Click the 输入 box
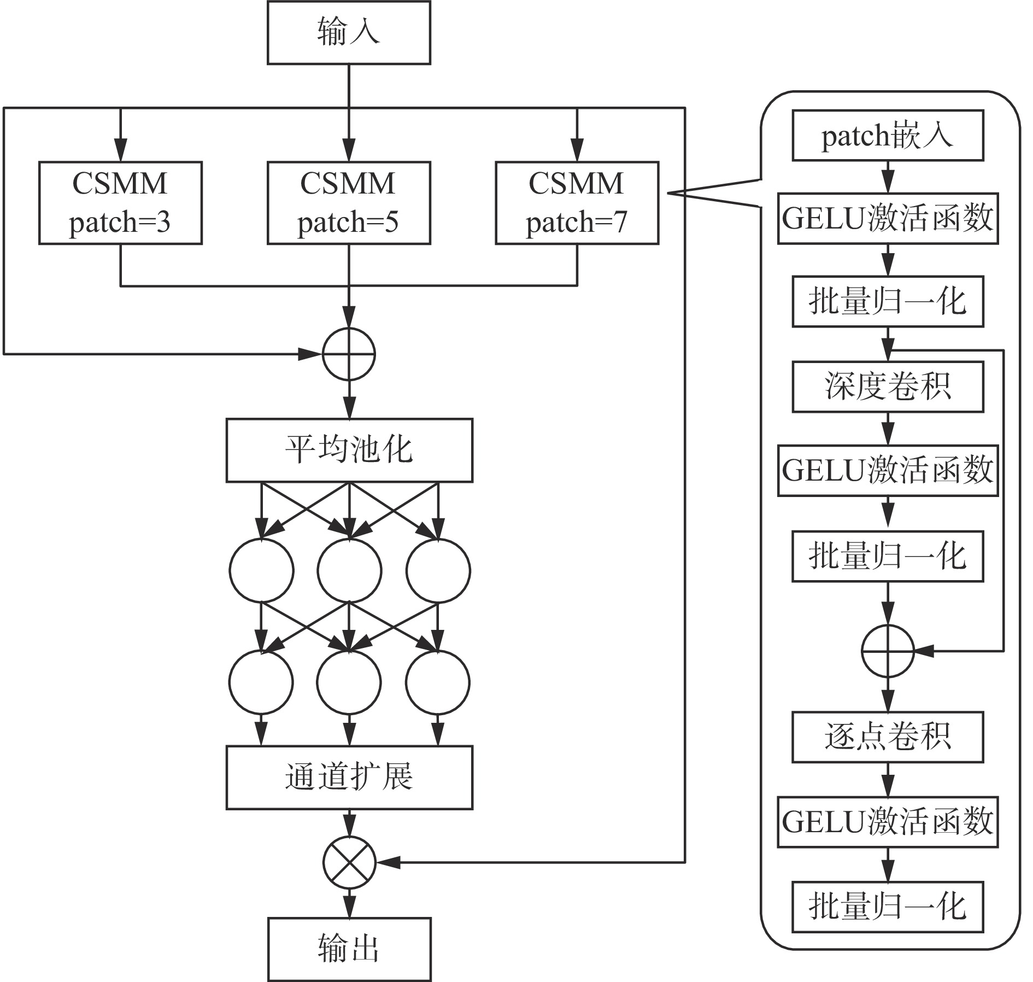tap(349, 32)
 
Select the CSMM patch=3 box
tap(120, 203)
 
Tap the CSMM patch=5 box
tap(349, 203)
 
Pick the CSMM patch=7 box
tap(577, 203)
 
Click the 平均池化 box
tap(349, 451)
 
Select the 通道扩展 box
tap(349, 777)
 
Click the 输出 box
tap(349, 949)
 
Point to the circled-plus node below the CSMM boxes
tap(349, 354)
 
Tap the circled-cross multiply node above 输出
tap(349, 862)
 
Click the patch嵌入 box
tap(888, 136)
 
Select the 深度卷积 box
tap(888, 387)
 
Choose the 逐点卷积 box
tap(888, 737)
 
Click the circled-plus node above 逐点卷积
tap(888, 651)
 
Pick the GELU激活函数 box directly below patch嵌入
tap(888, 218)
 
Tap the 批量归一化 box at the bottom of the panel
tap(888, 907)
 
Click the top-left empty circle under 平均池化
tap(261, 571)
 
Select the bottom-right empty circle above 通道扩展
tap(437, 682)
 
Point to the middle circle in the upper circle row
tap(349, 571)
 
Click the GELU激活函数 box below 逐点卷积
tap(888, 822)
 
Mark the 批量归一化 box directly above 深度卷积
tap(888, 302)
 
